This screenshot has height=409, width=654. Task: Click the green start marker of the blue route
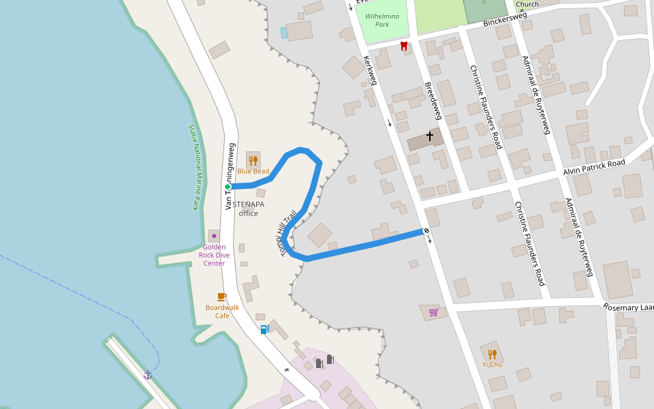[228, 186]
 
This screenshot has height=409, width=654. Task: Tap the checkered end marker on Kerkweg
[426, 231]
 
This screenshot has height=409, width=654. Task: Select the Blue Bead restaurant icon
[253, 160]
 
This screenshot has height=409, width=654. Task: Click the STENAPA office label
[248, 209]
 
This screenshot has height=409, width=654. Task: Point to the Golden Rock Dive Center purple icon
[214, 236]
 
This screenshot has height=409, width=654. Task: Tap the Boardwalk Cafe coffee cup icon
[221, 297]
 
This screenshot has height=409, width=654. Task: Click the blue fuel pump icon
[264, 329]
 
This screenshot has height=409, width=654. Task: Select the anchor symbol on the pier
[148, 374]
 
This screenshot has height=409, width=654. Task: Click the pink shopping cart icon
[433, 312]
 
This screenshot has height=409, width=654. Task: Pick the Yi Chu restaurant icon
[492, 354]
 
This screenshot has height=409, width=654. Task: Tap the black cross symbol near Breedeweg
[430, 136]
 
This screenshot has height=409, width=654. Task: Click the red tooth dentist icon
[404, 46]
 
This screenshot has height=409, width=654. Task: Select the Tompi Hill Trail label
[288, 232]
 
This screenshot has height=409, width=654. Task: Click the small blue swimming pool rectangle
[283, 32]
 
